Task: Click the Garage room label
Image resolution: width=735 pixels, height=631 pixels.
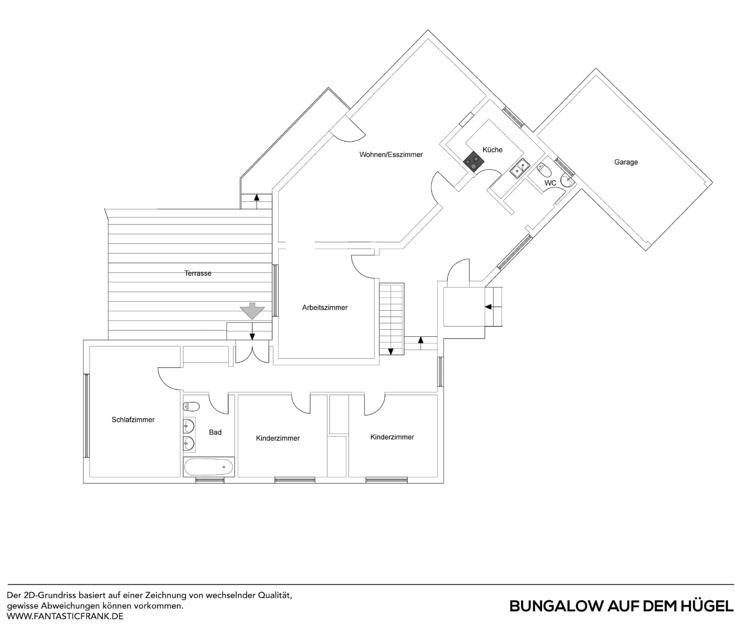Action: pyautogui.click(x=626, y=162)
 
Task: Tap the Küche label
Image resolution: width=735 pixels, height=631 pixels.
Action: pyautogui.click(x=492, y=150)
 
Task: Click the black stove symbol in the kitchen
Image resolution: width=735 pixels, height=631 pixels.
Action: pyautogui.click(x=474, y=162)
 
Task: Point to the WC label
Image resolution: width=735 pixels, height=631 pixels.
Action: pyautogui.click(x=550, y=183)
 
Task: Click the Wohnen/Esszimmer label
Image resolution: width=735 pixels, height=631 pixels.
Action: pyautogui.click(x=391, y=155)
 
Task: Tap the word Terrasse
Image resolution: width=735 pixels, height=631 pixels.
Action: pyautogui.click(x=198, y=273)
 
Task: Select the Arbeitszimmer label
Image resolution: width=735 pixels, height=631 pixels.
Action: pyautogui.click(x=325, y=308)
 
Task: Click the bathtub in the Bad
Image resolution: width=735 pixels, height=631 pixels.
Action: pyautogui.click(x=209, y=468)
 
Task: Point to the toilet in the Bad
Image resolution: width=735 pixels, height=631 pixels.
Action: pyautogui.click(x=191, y=406)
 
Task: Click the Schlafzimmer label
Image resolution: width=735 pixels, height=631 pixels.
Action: pyautogui.click(x=133, y=420)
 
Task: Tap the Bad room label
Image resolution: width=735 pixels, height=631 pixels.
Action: pyautogui.click(x=215, y=432)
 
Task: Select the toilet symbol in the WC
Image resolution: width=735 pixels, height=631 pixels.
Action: pyautogui.click(x=544, y=170)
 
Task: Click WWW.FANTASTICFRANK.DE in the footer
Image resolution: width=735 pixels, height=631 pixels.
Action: pyautogui.click(x=65, y=616)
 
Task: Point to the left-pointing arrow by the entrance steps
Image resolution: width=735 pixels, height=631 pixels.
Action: pyautogui.click(x=488, y=307)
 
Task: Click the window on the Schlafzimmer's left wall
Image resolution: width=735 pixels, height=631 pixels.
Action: pyautogui.click(x=87, y=415)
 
